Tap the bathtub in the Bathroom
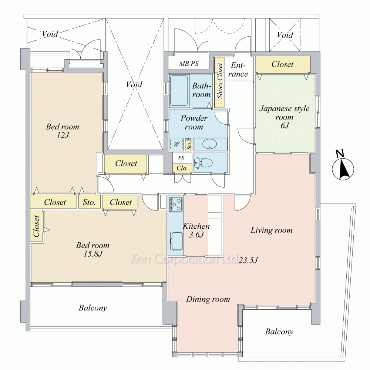[179, 91]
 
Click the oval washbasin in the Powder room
[210, 144]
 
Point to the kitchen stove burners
[175, 204]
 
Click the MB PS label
[189, 64]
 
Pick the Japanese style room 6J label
[284, 117]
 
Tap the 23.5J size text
[248, 260]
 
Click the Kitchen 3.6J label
[196, 230]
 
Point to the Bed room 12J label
[63, 131]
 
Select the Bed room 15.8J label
[93, 249]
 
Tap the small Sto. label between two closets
[90, 202]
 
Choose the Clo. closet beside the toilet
[182, 168]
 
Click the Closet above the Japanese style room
[282, 64]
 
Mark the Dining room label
[208, 299]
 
